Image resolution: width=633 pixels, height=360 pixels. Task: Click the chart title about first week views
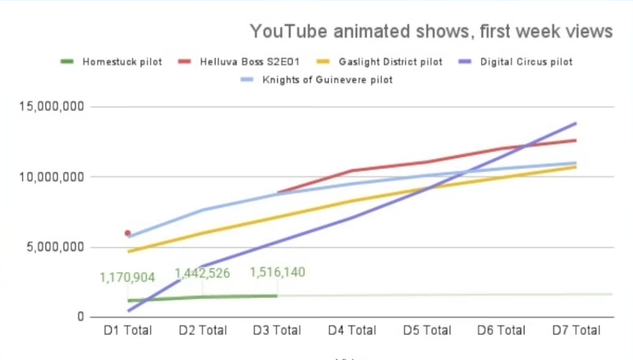[x=431, y=31]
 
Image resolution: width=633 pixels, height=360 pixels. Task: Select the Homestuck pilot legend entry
[x=111, y=62]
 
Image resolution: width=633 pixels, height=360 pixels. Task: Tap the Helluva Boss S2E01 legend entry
[x=239, y=62]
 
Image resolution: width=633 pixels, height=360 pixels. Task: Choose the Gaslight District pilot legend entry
[x=379, y=62]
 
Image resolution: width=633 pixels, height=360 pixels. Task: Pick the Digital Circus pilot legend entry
[x=515, y=62]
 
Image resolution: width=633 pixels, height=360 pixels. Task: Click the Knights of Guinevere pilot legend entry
[x=316, y=79]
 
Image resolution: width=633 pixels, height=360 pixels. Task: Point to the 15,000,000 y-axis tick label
[x=52, y=106]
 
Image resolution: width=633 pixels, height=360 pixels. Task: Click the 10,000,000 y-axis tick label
[x=52, y=177]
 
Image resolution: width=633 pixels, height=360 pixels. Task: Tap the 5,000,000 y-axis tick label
[x=55, y=247]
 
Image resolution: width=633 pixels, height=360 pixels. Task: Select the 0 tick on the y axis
[x=81, y=317]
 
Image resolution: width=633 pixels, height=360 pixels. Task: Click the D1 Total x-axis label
[x=128, y=330]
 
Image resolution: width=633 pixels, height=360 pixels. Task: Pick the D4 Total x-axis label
[x=352, y=330]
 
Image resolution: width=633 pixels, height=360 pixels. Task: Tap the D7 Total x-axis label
[x=576, y=330]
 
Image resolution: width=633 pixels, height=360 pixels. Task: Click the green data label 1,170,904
[x=127, y=278]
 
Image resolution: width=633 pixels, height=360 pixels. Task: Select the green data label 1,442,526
[x=202, y=273]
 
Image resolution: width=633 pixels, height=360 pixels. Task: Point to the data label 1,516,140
[x=277, y=272]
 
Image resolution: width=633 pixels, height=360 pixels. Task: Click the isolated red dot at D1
[x=128, y=233]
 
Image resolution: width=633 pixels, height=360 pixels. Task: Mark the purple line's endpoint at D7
[x=576, y=123]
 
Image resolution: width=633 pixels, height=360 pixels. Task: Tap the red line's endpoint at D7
[x=576, y=140]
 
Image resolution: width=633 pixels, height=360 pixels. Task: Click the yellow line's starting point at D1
[x=128, y=252]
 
